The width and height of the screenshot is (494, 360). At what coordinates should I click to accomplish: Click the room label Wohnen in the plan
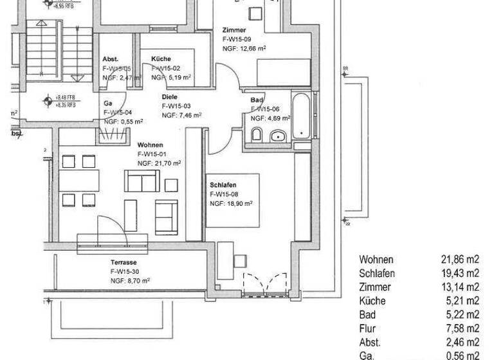point(150,145)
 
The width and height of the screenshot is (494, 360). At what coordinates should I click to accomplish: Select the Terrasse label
point(123,263)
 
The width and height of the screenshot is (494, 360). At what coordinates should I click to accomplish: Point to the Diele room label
point(169,97)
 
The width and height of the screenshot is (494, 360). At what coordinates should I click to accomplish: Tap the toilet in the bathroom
point(256,135)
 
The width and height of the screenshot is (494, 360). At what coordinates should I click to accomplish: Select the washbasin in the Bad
point(279,136)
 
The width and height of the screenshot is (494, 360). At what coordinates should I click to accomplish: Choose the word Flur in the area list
point(367,328)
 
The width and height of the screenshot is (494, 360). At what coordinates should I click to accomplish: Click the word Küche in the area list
point(372,301)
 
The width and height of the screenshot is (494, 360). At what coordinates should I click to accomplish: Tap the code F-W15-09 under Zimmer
point(237,39)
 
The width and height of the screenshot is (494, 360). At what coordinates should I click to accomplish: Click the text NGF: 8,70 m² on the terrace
point(131,281)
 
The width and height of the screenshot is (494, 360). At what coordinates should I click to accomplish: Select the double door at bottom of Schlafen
point(265,284)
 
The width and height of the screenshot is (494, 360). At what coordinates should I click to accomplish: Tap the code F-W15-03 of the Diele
point(176,106)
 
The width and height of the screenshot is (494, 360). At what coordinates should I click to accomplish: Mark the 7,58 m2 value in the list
point(462,328)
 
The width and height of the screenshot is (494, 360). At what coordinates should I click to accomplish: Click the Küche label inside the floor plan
point(161,59)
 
